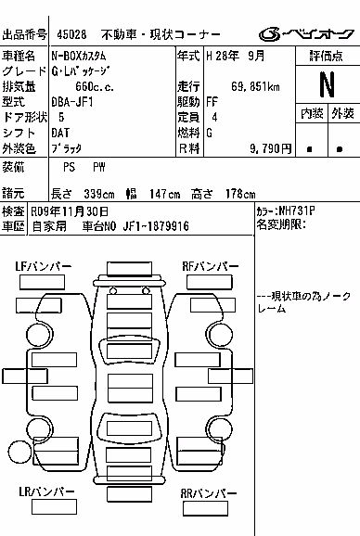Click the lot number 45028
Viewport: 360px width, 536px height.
(x=71, y=34)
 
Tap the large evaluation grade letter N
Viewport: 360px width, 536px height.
(x=327, y=84)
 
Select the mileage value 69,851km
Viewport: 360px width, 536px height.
(x=255, y=86)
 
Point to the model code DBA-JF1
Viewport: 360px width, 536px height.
(x=72, y=102)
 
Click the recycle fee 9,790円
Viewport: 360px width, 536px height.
(x=270, y=148)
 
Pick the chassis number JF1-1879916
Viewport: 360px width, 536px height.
(x=156, y=226)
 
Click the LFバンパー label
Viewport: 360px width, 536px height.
(x=43, y=267)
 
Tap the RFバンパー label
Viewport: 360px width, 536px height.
(x=211, y=267)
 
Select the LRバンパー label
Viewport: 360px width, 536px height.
(x=46, y=491)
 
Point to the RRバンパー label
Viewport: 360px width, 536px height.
(x=208, y=493)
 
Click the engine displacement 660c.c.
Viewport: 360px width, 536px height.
(x=95, y=86)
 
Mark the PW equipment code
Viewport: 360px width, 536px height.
(x=99, y=167)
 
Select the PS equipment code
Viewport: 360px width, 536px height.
(x=69, y=167)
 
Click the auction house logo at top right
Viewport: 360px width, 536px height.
(x=306, y=33)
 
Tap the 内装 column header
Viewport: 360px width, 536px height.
(x=312, y=113)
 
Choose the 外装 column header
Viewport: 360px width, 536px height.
(x=343, y=113)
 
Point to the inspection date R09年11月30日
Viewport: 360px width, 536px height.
(x=70, y=211)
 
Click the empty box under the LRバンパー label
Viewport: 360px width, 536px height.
(x=54, y=507)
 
